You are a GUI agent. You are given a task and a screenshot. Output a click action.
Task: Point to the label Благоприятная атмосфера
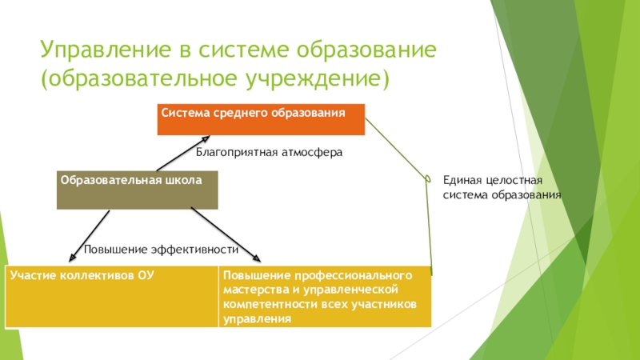tap(269, 151)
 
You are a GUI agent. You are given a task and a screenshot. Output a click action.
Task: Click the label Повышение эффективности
tap(162, 250)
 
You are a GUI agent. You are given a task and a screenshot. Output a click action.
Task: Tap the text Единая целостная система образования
tap(502, 187)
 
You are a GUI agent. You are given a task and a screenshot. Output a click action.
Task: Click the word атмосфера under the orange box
tap(312, 151)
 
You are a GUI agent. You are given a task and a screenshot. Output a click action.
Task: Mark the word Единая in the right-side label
tap(461, 180)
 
